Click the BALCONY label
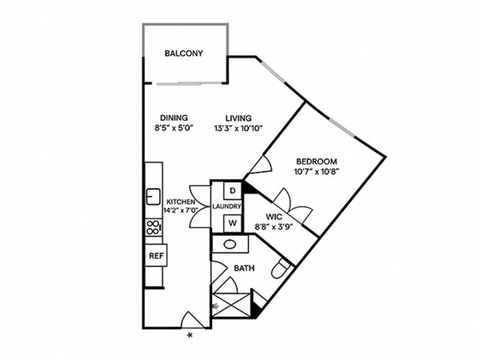point(184,53)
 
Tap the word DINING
point(174,118)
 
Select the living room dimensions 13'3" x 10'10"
point(238,129)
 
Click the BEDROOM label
point(316,162)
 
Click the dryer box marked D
point(232,191)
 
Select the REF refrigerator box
point(156,255)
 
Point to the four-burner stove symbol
point(154,227)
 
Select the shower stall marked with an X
point(231,305)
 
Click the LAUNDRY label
point(227,207)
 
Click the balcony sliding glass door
point(188,83)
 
